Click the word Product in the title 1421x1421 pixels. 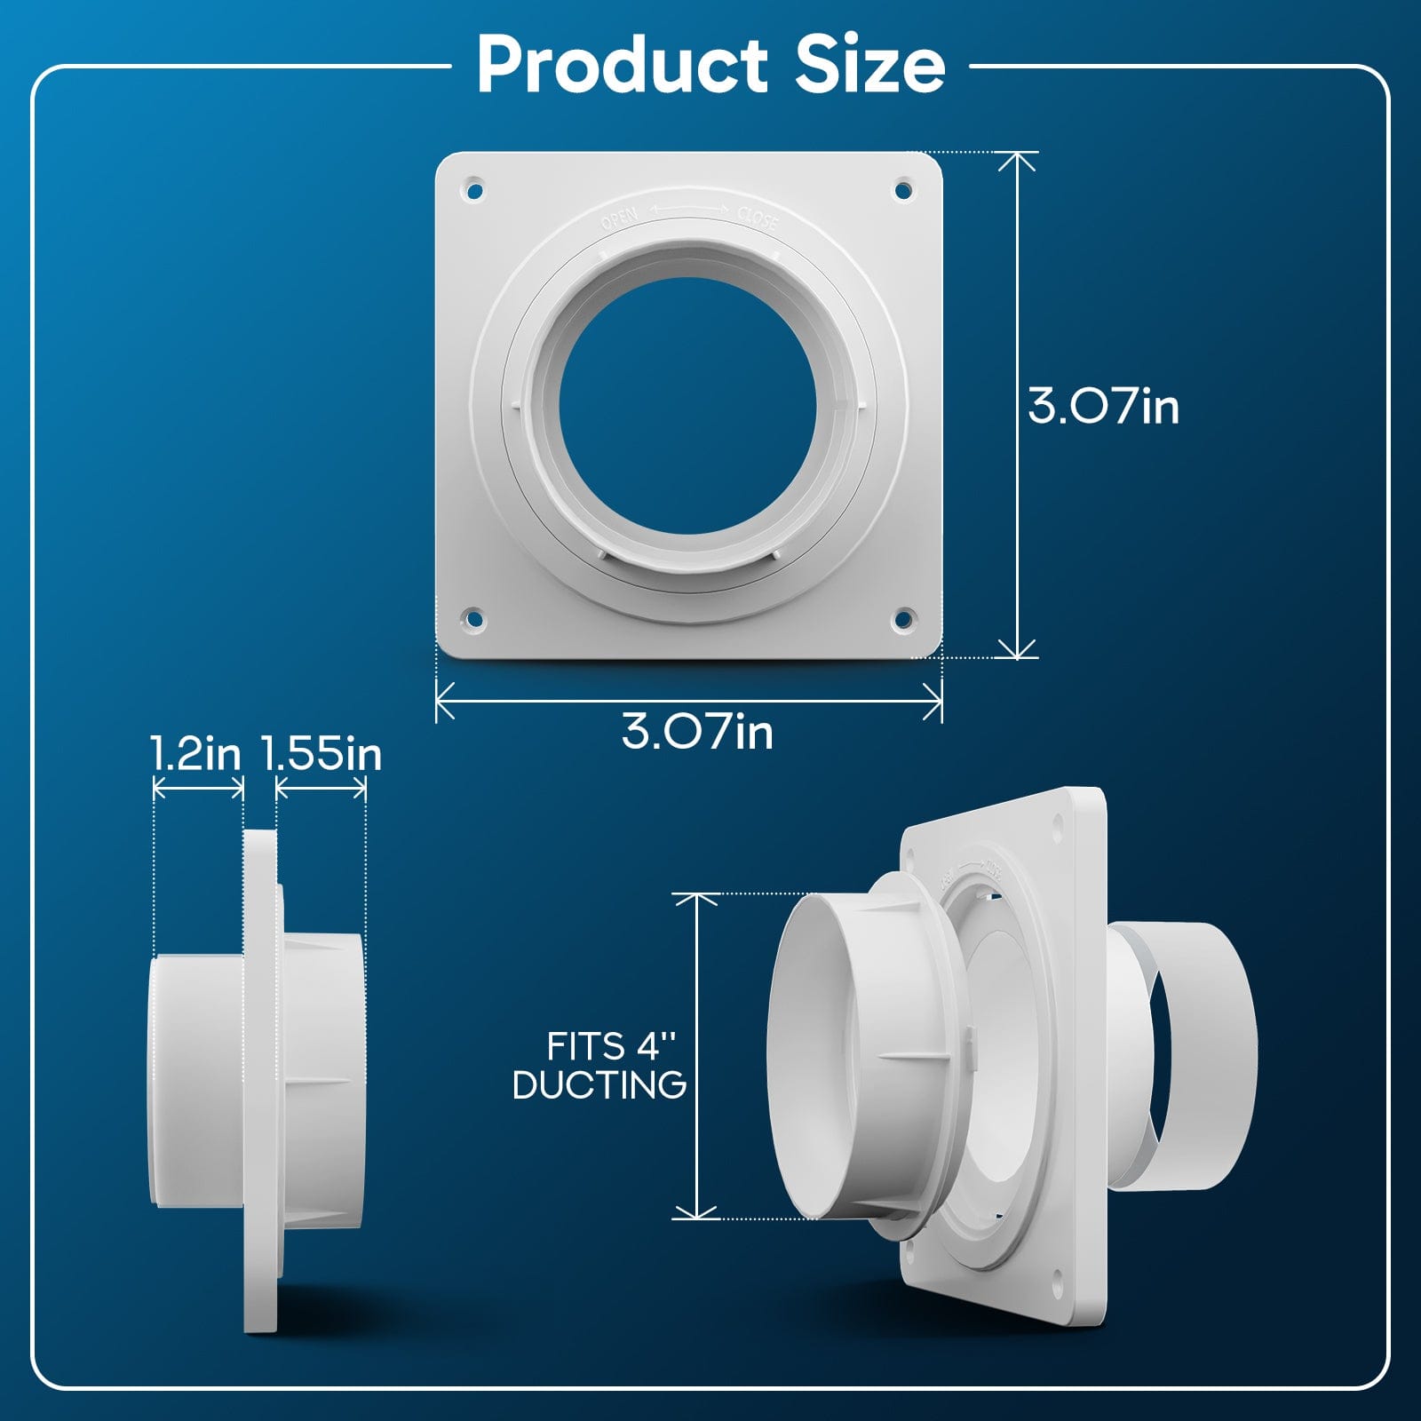[x=622, y=64]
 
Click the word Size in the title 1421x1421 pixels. [x=869, y=64]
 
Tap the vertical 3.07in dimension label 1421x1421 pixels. [x=1103, y=406]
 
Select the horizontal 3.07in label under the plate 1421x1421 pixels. [x=697, y=732]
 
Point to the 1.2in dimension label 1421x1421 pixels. [x=195, y=754]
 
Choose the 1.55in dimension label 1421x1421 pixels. [x=322, y=754]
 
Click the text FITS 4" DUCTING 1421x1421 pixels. [x=600, y=1066]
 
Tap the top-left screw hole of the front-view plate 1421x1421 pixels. [x=474, y=190]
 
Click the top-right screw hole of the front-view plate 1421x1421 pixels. [x=902, y=189]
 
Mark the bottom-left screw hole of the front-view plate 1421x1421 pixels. [x=474, y=618]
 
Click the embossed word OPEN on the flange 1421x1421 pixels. [x=619, y=218]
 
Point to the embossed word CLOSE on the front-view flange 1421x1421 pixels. [x=757, y=218]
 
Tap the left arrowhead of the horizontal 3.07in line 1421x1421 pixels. [x=441, y=701]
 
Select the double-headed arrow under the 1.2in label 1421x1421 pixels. [x=198, y=788]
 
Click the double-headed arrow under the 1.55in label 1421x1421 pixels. [x=321, y=788]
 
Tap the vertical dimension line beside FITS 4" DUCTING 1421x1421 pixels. [x=697, y=1057]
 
